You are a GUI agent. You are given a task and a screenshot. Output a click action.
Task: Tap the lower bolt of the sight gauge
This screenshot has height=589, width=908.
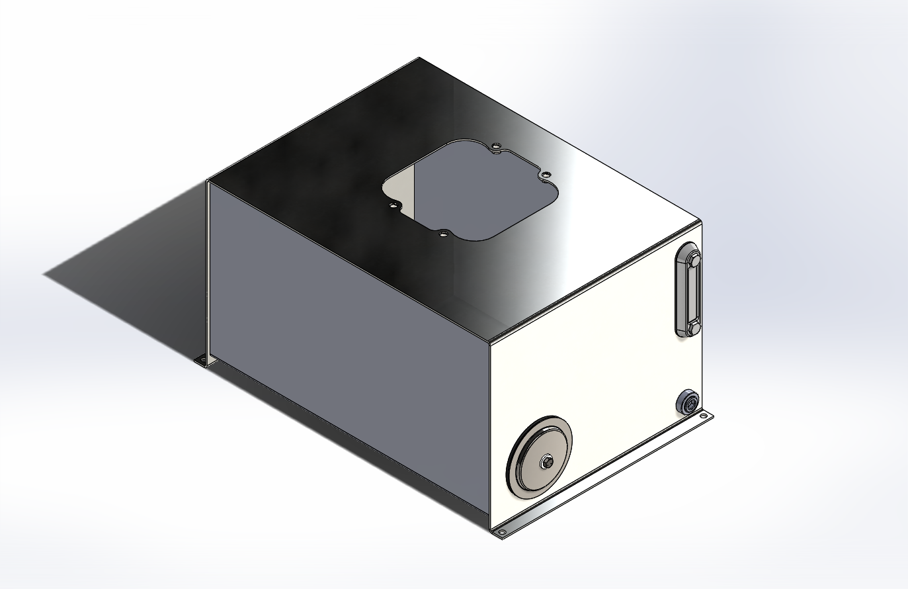691,328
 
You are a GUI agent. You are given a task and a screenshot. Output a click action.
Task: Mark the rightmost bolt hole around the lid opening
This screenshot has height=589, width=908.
546,175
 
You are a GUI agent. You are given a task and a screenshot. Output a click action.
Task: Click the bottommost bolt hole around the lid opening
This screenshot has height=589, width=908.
444,234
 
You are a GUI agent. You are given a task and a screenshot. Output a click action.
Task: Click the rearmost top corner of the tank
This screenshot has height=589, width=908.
419,58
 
